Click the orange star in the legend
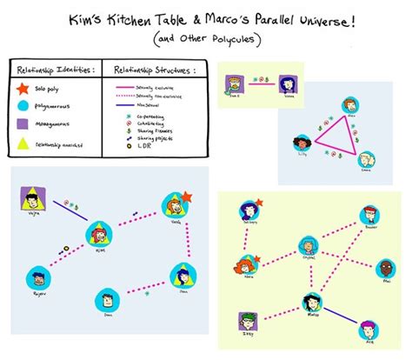(23, 88)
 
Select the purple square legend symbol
(23, 124)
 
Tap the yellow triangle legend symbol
(23, 143)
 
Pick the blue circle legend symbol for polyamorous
(23, 106)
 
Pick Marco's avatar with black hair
(311, 303)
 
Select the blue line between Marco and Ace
(342, 315)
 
